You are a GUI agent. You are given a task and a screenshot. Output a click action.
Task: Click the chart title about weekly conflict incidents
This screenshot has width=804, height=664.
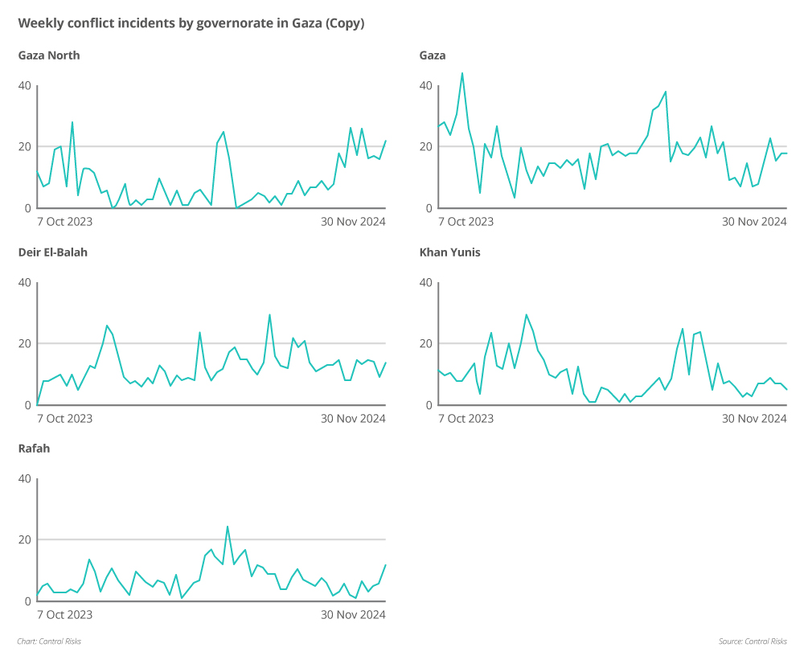tap(191, 23)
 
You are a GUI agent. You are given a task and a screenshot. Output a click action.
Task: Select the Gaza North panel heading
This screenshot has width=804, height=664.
tap(49, 55)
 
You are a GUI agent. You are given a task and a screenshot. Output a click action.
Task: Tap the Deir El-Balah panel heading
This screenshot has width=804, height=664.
tap(53, 252)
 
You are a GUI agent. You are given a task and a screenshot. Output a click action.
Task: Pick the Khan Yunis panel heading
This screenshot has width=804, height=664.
tap(450, 252)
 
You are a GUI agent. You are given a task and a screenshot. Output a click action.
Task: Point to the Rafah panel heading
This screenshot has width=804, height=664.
tap(34, 449)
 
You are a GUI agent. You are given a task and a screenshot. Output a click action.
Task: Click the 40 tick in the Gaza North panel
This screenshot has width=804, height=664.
tap(25, 86)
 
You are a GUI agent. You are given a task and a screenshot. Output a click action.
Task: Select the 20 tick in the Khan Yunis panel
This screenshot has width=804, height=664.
tap(426, 344)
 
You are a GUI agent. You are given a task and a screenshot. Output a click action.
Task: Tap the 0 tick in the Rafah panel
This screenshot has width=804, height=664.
tap(28, 601)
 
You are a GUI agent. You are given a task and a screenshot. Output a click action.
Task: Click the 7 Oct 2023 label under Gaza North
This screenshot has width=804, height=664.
tap(65, 222)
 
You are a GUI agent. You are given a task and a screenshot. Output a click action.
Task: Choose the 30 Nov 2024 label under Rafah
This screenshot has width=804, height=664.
tap(353, 615)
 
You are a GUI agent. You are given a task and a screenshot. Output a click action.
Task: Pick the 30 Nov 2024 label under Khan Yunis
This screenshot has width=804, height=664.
tap(754, 419)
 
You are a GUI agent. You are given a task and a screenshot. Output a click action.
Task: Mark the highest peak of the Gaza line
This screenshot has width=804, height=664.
tap(461, 73)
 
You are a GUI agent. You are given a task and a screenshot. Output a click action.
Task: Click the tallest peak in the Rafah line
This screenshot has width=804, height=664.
tap(228, 527)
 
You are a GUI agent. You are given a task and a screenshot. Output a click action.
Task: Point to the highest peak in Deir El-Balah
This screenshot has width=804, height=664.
tap(269, 314)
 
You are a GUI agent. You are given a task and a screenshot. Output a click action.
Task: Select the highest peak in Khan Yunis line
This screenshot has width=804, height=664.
tap(526, 314)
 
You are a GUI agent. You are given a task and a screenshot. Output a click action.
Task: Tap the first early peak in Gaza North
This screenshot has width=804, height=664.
tap(72, 122)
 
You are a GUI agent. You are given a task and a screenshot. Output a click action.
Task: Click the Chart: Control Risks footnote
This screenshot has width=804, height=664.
tap(49, 641)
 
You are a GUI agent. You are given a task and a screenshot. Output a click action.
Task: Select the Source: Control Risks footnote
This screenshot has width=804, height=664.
tap(753, 641)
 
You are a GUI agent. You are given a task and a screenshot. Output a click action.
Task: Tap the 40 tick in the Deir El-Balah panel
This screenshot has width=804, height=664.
tap(25, 283)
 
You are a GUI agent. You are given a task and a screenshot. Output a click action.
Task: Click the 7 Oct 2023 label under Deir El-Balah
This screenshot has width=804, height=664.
tap(65, 419)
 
